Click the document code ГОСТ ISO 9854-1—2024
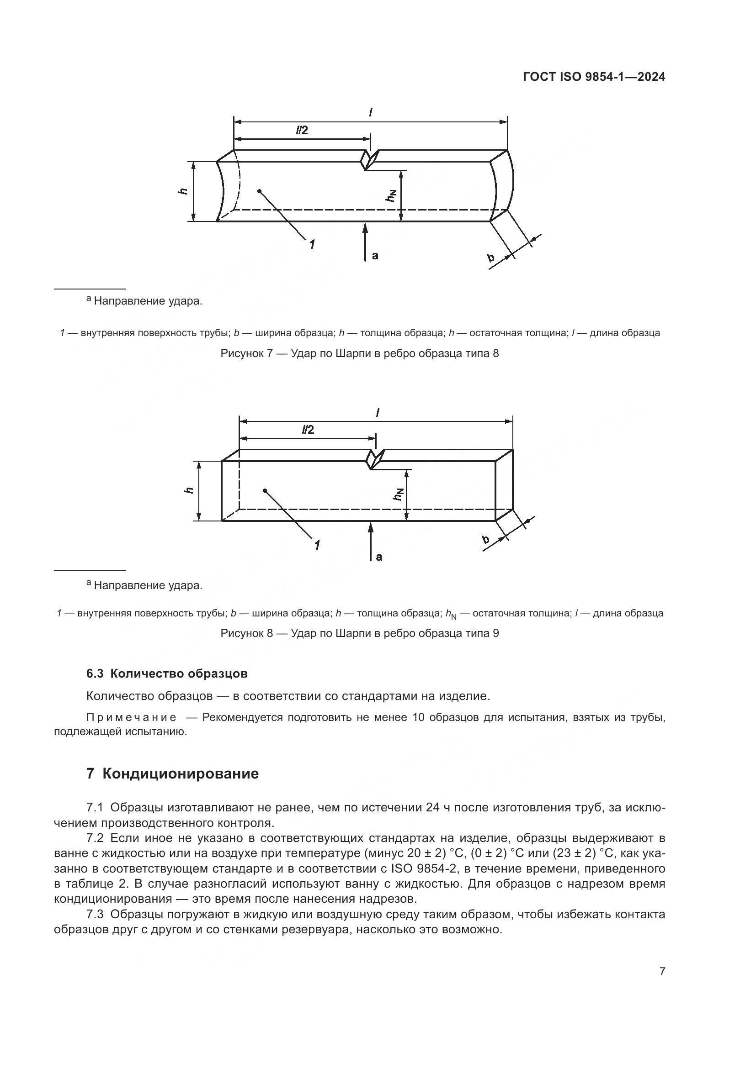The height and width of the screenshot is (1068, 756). pyautogui.click(x=594, y=77)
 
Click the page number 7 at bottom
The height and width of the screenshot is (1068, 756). pyautogui.click(x=662, y=971)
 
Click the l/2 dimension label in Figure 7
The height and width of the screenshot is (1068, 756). pyautogui.click(x=302, y=130)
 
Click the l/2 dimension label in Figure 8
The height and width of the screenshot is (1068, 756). pyautogui.click(x=308, y=430)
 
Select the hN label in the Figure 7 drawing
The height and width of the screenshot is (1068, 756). pyautogui.click(x=391, y=196)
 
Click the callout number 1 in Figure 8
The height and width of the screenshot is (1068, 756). pyautogui.click(x=317, y=545)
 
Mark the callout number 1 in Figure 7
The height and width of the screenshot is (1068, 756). pyautogui.click(x=311, y=243)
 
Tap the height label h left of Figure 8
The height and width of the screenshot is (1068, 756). pyautogui.click(x=189, y=490)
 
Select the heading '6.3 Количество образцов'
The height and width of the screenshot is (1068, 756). pyautogui.click(x=167, y=673)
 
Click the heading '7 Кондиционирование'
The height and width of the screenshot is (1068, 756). pyautogui.click(x=172, y=774)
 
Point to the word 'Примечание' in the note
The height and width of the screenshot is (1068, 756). pyautogui.click(x=131, y=717)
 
